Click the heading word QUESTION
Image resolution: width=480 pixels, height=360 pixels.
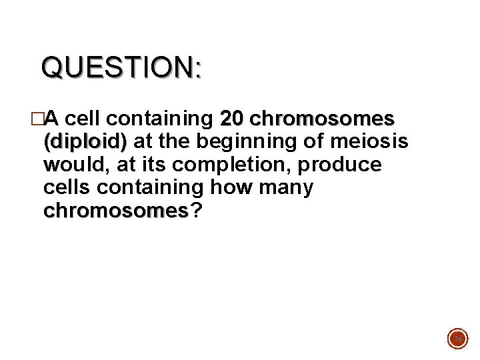coord(116,67)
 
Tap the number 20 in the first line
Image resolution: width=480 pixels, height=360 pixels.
coord(231,119)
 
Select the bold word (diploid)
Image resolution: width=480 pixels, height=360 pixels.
coord(85,142)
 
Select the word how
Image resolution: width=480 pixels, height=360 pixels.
coord(232,188)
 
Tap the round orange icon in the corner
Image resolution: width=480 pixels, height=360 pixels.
coord(458,338)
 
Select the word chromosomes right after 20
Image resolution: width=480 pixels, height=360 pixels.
coord(322,119)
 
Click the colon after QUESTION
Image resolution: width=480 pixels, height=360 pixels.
coord(197,69)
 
